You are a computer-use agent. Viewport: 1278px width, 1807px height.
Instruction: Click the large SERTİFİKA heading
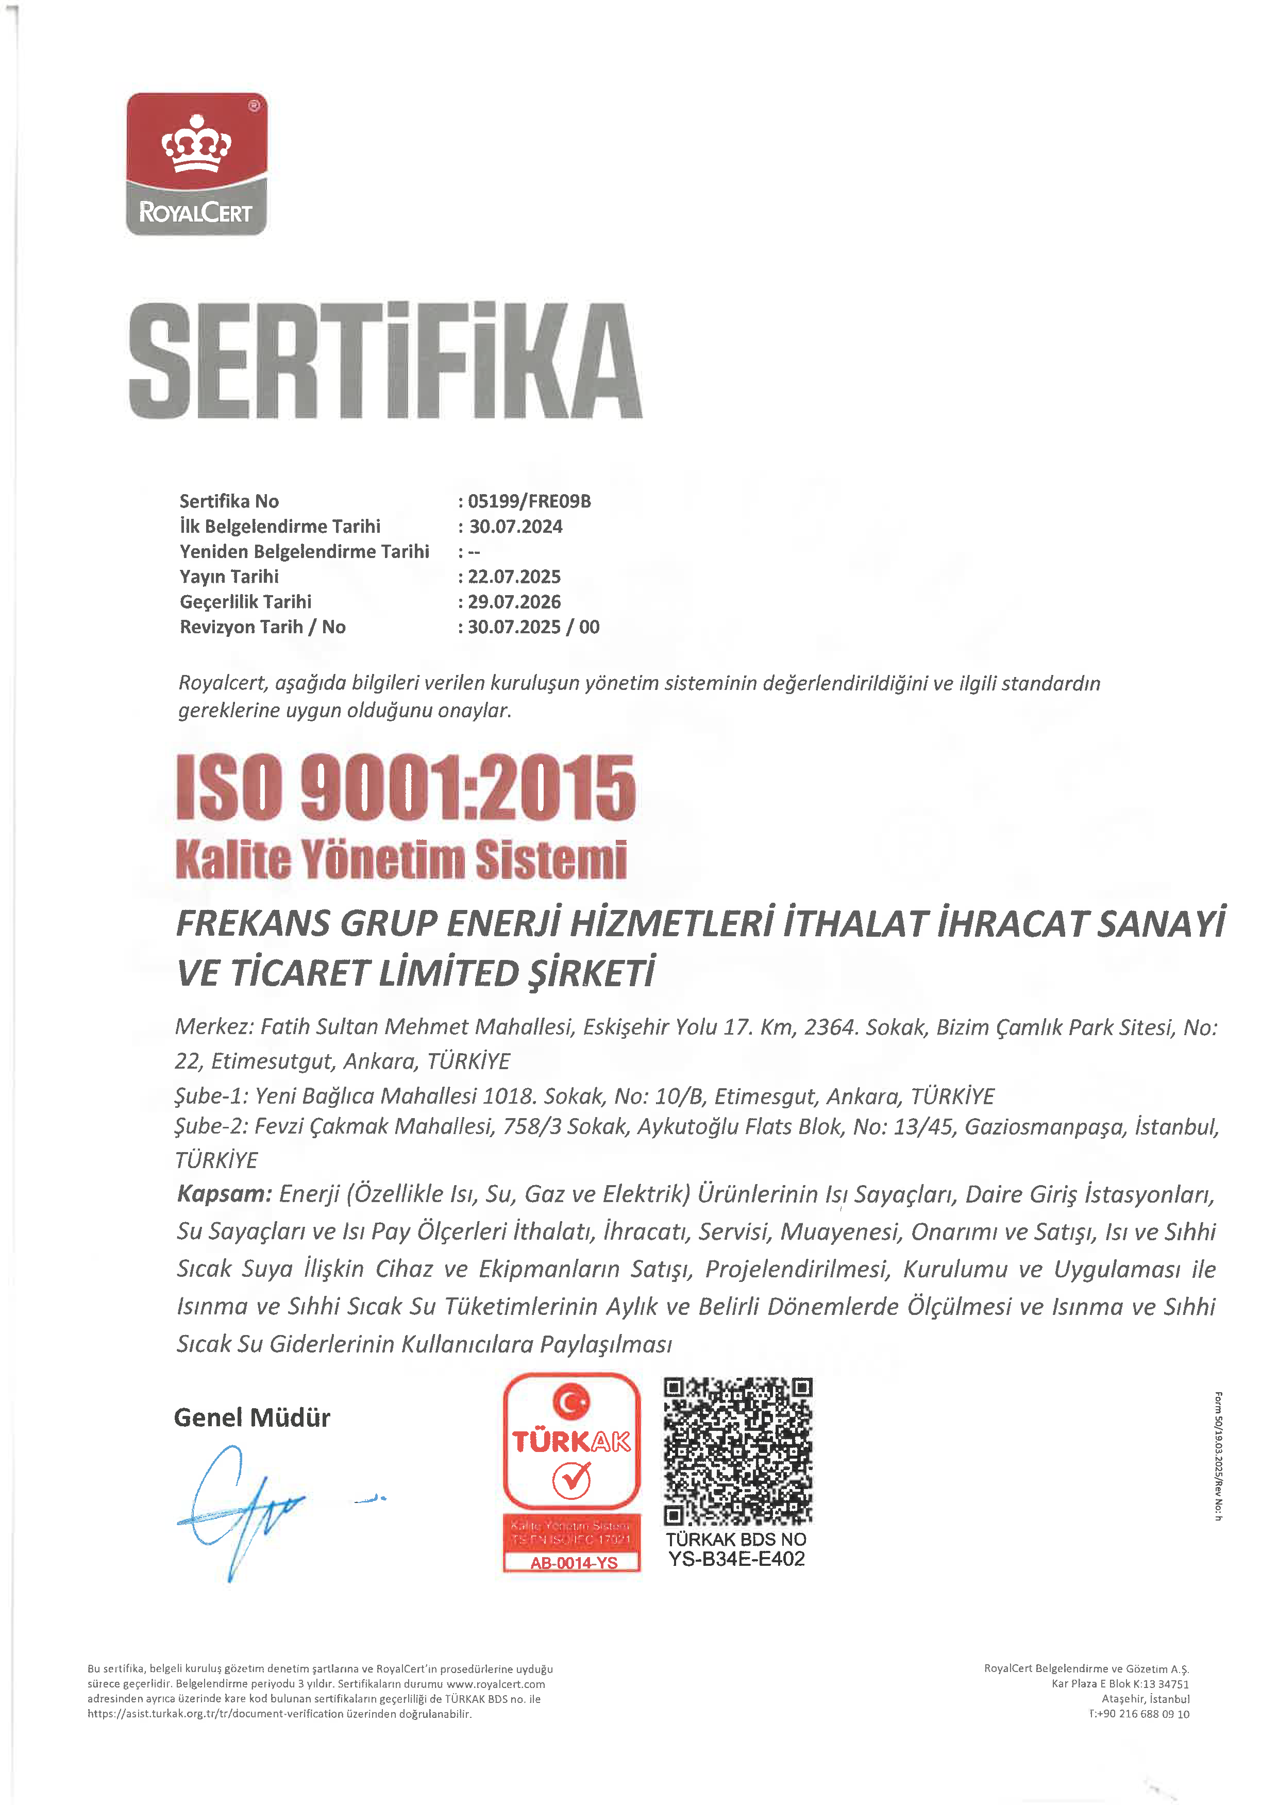[x=385, y=361]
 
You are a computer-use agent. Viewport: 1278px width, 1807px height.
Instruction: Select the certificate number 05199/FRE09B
[x=530, y=501]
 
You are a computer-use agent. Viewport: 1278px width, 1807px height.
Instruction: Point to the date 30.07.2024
[x=516, y=527]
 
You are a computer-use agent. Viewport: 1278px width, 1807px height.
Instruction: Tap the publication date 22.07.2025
[x=515, y=577]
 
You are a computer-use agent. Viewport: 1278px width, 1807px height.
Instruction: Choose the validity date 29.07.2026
[x=515, y=602]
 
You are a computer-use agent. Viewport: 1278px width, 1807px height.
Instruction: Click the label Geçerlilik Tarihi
[x=245, y=602]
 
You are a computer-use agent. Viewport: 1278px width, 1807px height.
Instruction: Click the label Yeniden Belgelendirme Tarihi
[x=305, y=552]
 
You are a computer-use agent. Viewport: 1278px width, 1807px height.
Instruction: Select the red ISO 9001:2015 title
[x=405, y=787]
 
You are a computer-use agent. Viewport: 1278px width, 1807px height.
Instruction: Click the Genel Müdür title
[x=252, y=1417]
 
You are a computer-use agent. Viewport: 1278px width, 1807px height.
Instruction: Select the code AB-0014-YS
[x=574, y=1563]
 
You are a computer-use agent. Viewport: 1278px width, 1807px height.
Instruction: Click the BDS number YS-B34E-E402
[x=736, y=1559]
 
